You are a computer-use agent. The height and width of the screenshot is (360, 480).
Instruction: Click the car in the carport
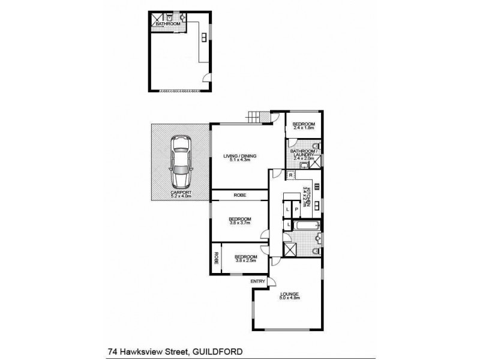point(180,161)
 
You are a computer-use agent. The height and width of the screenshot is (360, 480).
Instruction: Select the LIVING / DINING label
point(239,158)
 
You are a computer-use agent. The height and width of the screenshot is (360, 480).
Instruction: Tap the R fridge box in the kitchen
point(290,175)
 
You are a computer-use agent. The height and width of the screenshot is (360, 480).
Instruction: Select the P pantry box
point(296,209)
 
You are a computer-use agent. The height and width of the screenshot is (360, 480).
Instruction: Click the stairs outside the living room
point(256,117)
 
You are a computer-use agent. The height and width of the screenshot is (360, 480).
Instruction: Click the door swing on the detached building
point(206,77)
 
